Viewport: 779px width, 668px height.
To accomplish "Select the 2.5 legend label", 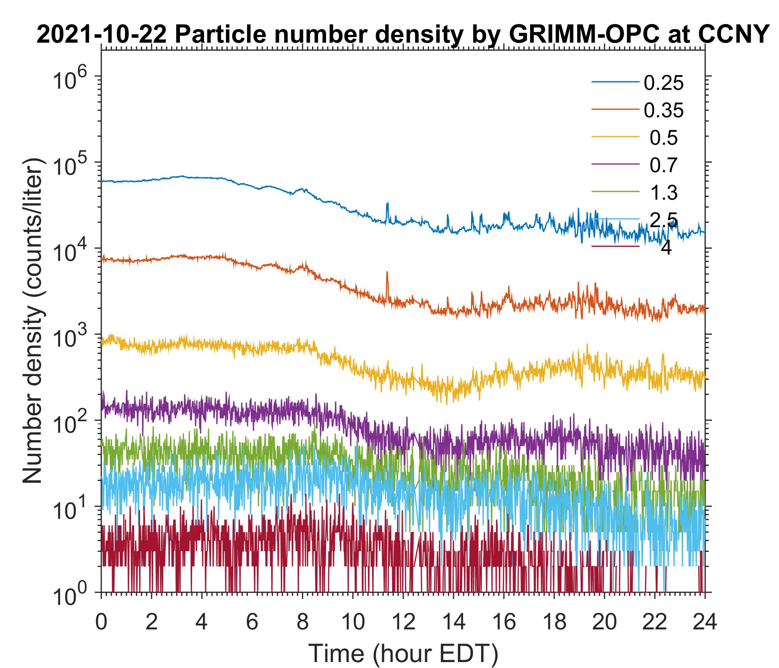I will (x=664, y=220).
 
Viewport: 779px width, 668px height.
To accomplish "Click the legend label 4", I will (x=666, y=248).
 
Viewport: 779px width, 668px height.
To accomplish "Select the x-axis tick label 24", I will (x=704, y=622).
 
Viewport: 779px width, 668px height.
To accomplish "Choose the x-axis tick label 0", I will (x=101, y=622).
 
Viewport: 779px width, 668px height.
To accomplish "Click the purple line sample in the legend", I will (x=615, y=164).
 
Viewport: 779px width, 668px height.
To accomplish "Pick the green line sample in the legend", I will (x=615, y=192).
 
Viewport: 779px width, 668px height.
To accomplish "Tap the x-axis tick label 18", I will (x=554, y=622).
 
